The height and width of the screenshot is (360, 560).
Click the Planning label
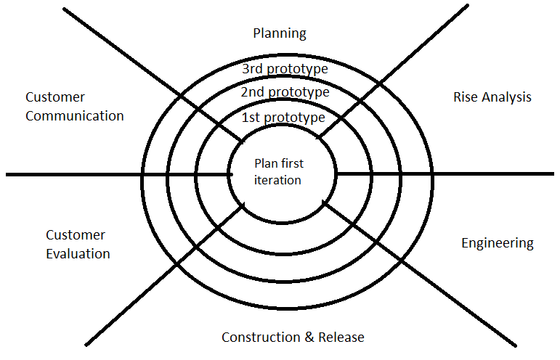[x=280, y=33]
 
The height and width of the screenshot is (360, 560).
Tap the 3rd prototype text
[x=285, y=70]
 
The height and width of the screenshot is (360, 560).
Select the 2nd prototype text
[x=285, y=93]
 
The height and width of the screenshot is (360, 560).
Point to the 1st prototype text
[x=283, y=117]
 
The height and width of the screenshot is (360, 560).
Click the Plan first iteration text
[x=279, y=171]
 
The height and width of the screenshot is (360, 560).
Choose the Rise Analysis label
[x=492, y=97]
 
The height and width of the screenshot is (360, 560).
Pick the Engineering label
[x=498, y=243]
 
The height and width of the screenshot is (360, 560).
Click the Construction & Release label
[x=293, y=337]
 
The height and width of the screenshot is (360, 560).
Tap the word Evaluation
[x=78, y=254]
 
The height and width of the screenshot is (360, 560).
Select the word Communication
[x=75, y=115]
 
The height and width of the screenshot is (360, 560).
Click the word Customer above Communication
[x=55, y=97]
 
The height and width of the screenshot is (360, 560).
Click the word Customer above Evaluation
[x=76, y=235]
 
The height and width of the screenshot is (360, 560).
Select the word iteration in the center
[x=277, y=180]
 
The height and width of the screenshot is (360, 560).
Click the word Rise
[x=466, y=97]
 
